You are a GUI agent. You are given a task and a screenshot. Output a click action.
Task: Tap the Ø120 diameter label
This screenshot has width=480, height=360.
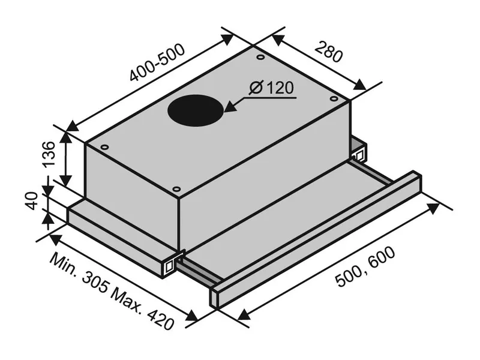[x=271, y=88]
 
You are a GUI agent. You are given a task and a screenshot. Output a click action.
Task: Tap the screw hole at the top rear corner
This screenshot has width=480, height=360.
[x=260, y=58]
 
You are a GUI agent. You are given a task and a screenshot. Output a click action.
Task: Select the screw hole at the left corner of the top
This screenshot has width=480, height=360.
[x=104, y=146]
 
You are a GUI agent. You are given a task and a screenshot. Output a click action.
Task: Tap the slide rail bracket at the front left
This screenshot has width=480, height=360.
[x=172, y=263]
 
